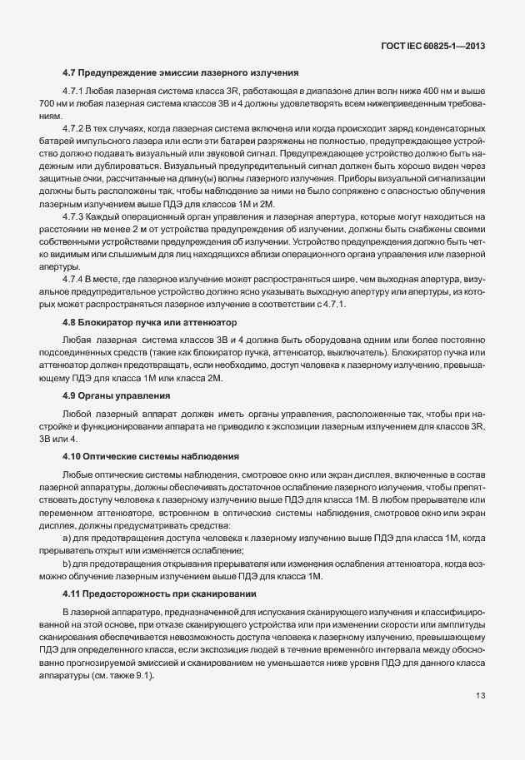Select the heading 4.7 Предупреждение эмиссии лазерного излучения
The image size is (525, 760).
pyautogui.click(x=180, y=73)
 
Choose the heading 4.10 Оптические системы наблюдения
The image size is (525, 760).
pyautogui.click(x=151, y=456)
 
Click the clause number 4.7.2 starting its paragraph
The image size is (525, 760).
pyautogui.click(x=73, y=130)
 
